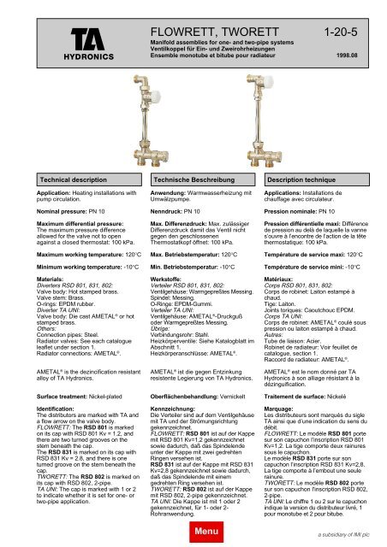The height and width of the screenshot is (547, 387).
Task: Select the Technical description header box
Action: point(69,182)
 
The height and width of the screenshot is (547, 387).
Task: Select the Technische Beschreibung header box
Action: point(190,182)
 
